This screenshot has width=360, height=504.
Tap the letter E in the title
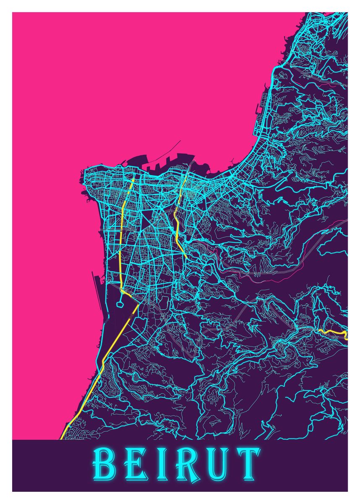click(x=133, y=466)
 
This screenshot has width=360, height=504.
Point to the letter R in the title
click(x=185, y=466)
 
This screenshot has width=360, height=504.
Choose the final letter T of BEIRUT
click(x=247, y=466)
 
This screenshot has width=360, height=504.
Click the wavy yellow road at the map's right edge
click(x=334, y=333)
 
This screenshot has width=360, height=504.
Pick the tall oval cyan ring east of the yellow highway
click(x=164, y=301)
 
